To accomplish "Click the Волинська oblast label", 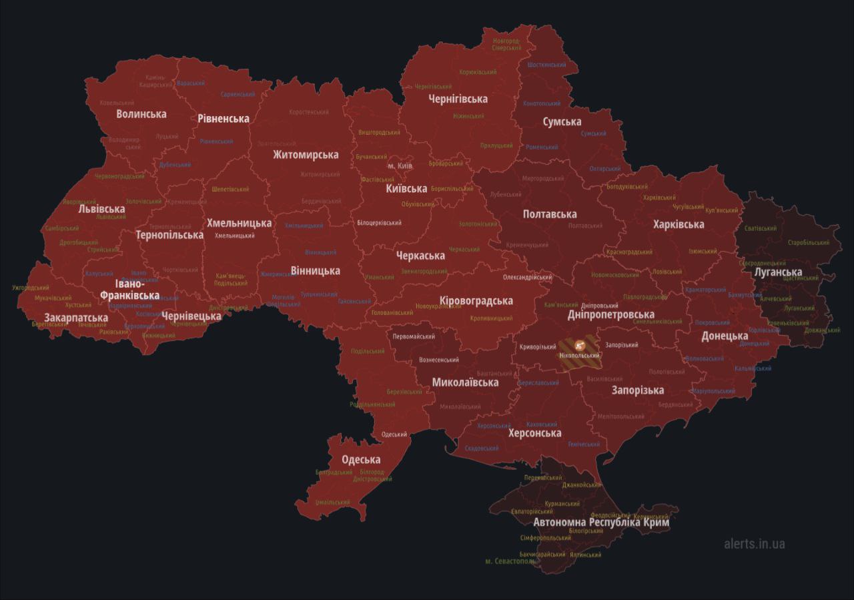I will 141,114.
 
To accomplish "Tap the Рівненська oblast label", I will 223,119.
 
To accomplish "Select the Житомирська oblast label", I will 305,155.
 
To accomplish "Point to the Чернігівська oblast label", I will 458,99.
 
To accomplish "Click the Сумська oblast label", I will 562,122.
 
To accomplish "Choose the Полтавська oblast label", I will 550,214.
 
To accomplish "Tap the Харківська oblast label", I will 679,224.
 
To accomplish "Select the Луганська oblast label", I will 778,272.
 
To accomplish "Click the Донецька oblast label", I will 725,336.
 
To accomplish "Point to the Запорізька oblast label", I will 638,390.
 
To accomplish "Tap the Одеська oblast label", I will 361,460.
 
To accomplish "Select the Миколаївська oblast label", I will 465,383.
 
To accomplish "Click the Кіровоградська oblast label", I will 476,301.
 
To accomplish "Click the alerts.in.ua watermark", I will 754,544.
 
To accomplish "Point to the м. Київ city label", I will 400,165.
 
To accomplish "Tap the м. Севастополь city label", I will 510,561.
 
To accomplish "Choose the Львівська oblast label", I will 101,209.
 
